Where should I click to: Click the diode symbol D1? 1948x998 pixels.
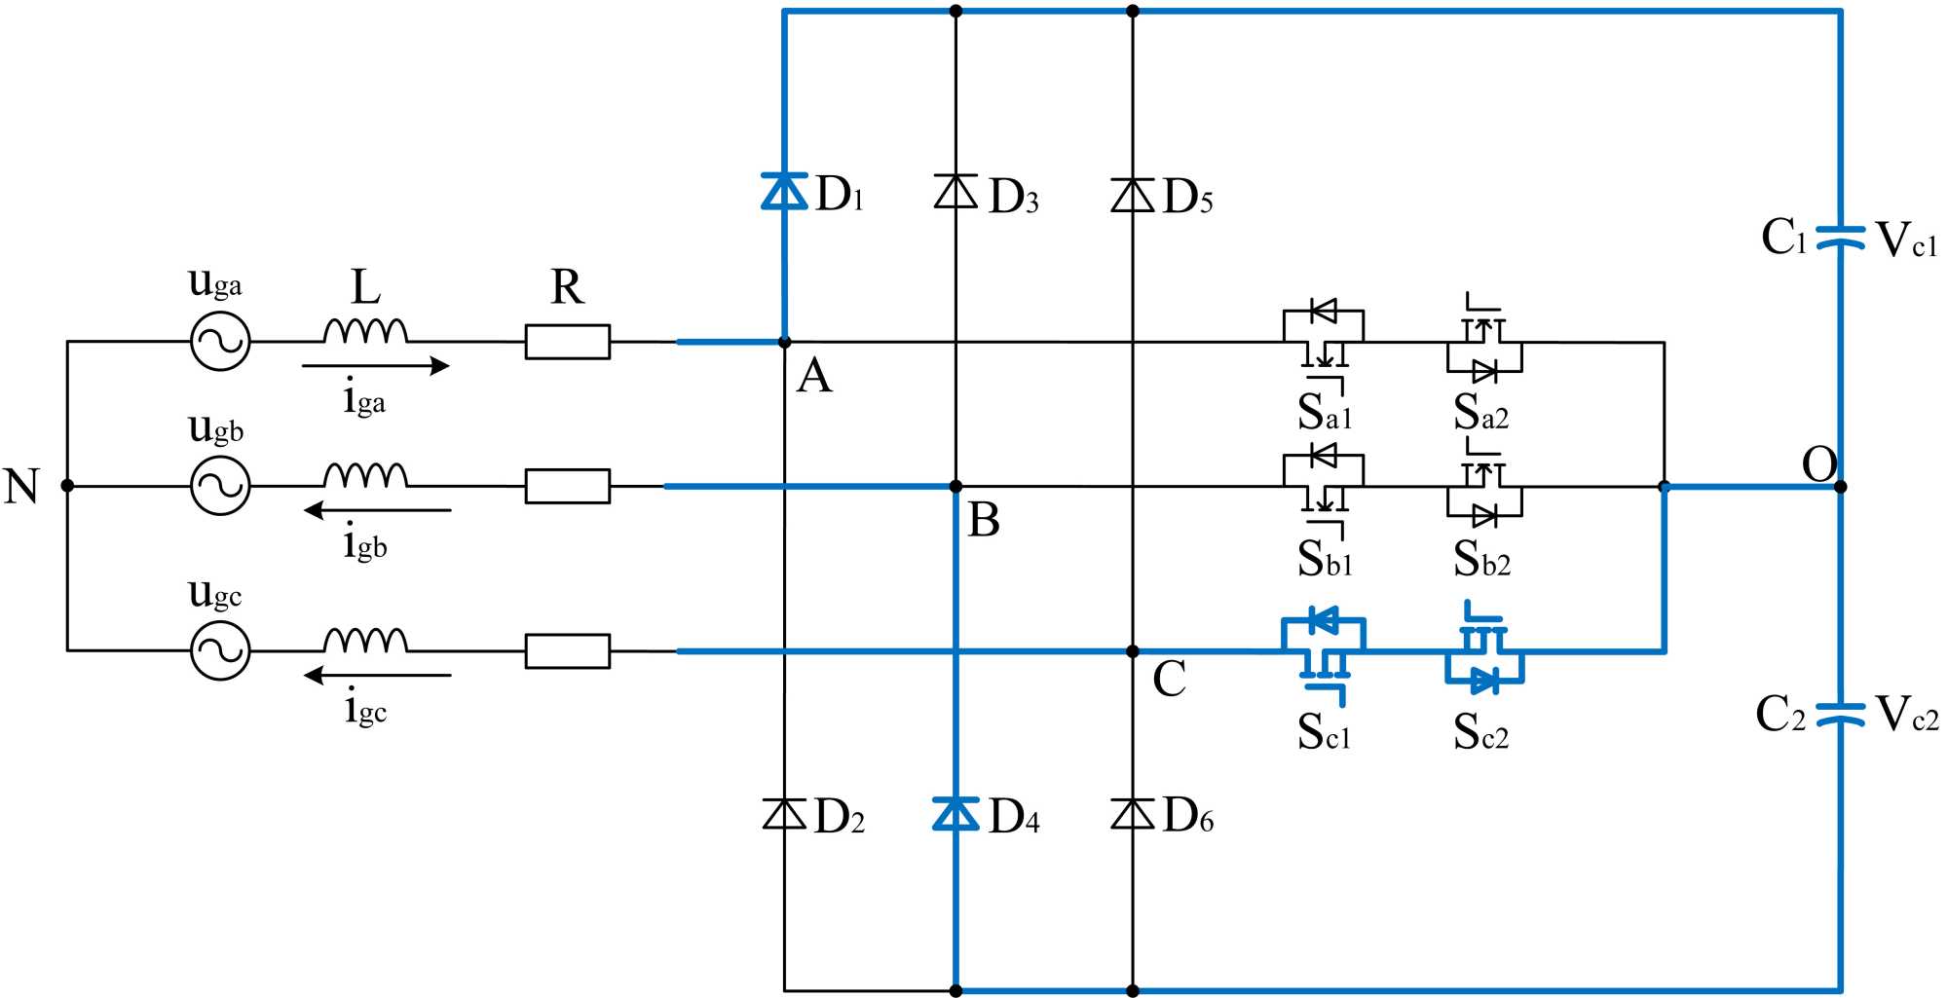[x=784, y=191]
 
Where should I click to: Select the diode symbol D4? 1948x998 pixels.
[x=955, y=813]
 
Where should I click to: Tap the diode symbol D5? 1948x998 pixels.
[x=1133, y=195]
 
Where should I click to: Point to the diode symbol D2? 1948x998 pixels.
[x=784, y=813]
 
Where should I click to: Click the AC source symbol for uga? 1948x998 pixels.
[x=220, y=342]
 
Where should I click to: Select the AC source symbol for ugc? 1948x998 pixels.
[x=220, y=650]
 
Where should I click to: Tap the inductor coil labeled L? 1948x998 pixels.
[x=365, y=332]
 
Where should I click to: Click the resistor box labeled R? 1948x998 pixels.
[x=568, y=342]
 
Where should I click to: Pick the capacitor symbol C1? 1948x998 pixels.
[x=1840, y=238]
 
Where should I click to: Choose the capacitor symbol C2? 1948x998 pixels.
[x=1840, y=713]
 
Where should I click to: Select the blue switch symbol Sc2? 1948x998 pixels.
[x=1483, y=653]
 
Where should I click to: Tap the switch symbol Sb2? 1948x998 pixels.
[x=1483, y=488]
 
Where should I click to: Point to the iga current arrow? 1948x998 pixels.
[x=375, y=366]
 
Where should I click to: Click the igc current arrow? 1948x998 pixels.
[x=378, y=675]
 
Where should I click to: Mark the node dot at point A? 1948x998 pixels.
[x=785, y=343]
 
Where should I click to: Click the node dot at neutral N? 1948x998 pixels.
[x=67, y=486]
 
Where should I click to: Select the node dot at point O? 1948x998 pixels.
[x=1840, y=487]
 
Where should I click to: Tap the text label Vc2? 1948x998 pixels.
[x=1906, y=714]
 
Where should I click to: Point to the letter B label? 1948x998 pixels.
[x=984, y=520]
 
